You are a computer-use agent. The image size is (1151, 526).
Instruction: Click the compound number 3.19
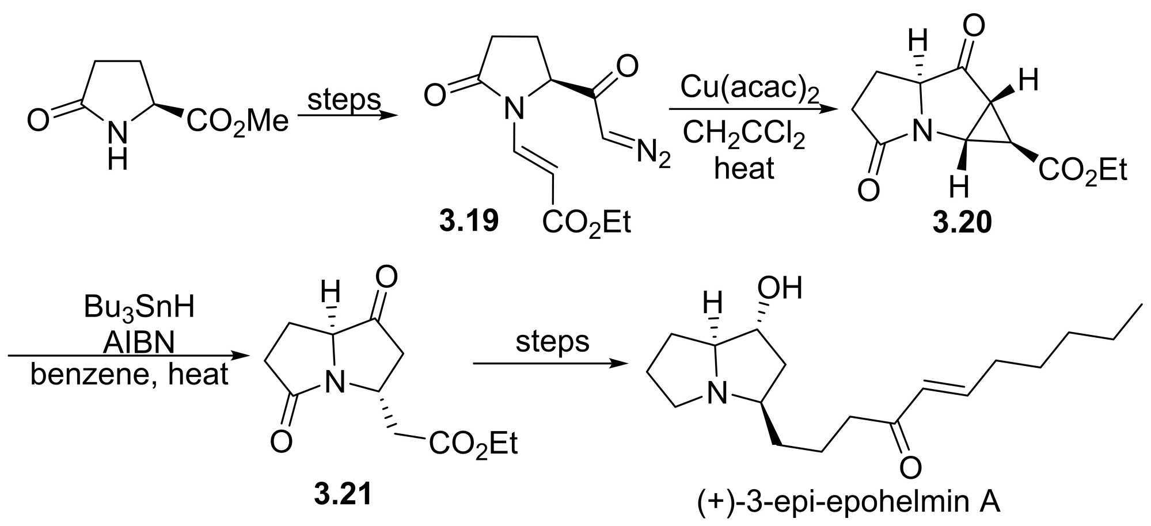469,221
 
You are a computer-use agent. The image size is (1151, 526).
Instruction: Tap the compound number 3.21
343,493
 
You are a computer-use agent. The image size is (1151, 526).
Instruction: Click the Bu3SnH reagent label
139,307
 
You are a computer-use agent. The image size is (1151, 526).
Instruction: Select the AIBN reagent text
139,343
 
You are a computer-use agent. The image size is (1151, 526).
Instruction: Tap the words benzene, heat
129,375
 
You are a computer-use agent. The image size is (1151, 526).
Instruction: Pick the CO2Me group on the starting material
237,121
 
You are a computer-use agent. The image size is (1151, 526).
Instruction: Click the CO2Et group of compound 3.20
1082,171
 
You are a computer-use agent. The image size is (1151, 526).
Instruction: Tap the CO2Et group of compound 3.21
473,444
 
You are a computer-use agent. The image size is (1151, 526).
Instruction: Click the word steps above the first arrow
344,99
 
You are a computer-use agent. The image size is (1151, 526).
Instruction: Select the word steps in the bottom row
552,341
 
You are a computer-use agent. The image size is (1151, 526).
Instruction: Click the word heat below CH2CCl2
744,169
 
